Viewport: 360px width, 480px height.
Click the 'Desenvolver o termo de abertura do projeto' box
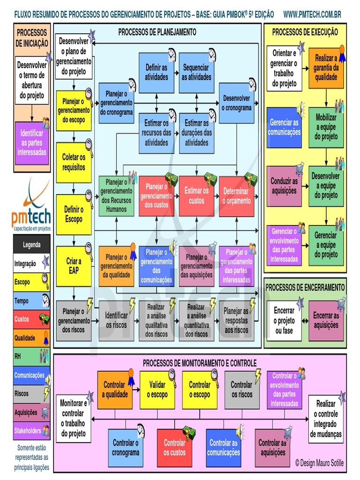click(x=31, y=80)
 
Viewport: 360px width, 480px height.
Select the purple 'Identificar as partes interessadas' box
click(x=31, y=142)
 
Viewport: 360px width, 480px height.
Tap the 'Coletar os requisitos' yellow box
click(x=74, y=162)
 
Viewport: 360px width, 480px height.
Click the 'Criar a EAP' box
click(x=74, y=266)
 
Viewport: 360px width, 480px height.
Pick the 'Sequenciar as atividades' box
click(x=197, y=73)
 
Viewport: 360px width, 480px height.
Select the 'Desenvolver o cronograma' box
click(x=237, y=103)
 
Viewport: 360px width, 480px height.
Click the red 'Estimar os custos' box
click(x=197, y=196)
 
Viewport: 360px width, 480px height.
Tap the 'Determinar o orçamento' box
click(x=237, y=196)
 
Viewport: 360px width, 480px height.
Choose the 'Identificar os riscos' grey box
click(x=116, y=321)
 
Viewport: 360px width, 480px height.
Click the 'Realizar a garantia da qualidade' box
click(x=326, y=68)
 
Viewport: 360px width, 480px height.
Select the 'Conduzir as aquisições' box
click(x=284, y=186)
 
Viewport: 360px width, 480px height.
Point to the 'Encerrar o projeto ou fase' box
click(x=284, y=321)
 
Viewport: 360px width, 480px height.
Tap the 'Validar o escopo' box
click(x=157, y=390)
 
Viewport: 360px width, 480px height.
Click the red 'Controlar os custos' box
click(x=174, y=448)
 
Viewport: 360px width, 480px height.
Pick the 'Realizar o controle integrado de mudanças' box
click(x=326, y=419)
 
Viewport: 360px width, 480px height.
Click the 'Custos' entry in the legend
click(x=31, y=319)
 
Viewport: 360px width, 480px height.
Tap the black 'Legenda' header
click(x=31, y=245)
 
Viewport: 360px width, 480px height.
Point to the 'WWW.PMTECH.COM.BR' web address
click(x=313, y=15)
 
